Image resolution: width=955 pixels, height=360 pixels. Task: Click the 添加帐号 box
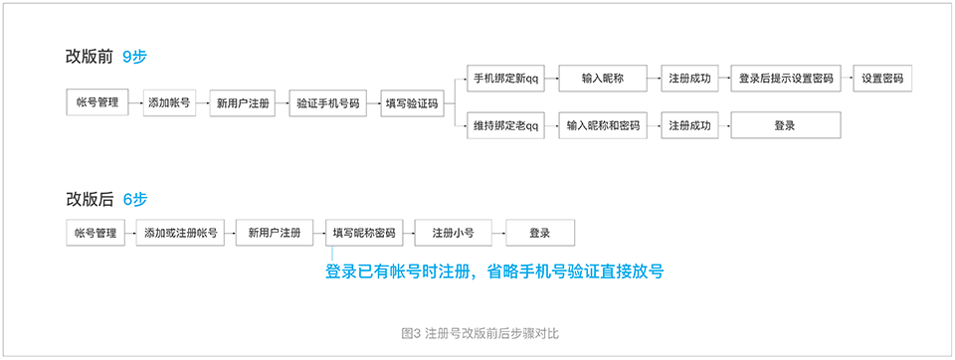pyautogui.click(x=169, y=102)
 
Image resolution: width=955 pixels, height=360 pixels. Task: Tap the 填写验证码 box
pyautogui.click(x=411, y=102)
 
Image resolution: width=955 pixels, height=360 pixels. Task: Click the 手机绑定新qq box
pyautogui.click(x=505, y=78)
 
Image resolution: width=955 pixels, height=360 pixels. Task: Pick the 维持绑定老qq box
pyautogui.click(x=505, y=126)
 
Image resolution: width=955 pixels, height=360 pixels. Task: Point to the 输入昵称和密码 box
pyautogui.click(x=603, y=126)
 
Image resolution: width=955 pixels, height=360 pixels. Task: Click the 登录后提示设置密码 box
pyautogui.click(x=786, y=78)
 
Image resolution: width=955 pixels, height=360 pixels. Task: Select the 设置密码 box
pyautogui.click(x=882, y=78)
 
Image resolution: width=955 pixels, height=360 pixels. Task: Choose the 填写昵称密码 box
pyautogui.click(x=364, y=233)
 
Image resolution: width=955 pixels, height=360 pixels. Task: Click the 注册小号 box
pyautogui.click(x=452, y=233)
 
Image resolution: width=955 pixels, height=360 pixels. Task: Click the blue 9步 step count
pyautogui.click(x=134, y=57)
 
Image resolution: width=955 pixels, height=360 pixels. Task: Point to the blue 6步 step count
pyautogui.click(x=134, y=199)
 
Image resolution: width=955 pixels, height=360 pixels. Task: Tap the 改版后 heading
pyautogui.click(x=89, y=199)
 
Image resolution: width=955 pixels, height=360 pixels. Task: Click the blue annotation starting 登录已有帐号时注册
pyautogui.click(x=494, y=270)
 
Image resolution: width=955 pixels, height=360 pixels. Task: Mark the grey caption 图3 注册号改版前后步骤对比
pyautogui.click(x=477, y=333)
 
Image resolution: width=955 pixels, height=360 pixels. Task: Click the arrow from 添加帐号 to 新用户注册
pyautogui.click(x=202, y=102)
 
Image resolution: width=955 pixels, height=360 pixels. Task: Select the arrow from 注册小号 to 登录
pyautogui.click(x=496, y=233)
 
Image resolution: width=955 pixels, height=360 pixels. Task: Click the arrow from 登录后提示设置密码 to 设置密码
pyautogui.click(x=848, y=78)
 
